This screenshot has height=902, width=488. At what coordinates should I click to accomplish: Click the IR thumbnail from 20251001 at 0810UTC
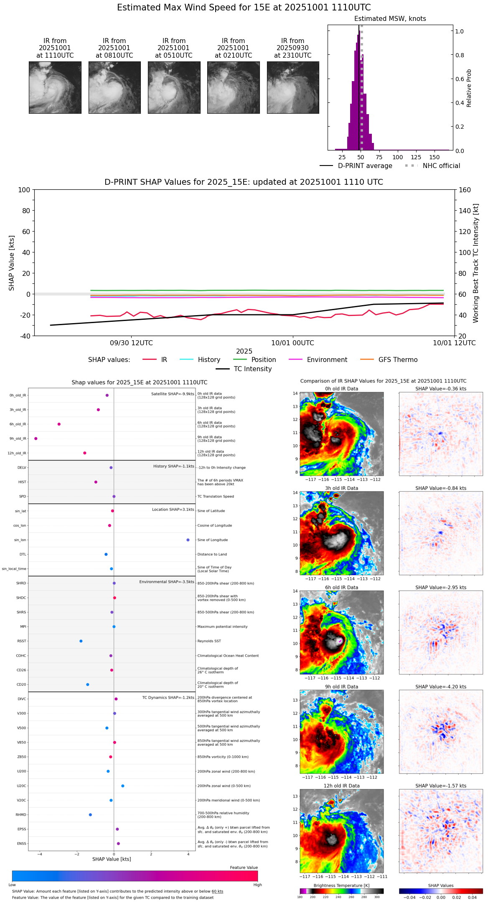(114, 87)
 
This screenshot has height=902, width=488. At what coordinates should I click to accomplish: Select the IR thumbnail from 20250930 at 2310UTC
(293, 87)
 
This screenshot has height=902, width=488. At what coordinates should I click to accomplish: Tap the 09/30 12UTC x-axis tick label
(132, 343)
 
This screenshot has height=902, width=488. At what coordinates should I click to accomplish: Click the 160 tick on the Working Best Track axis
(465, 190)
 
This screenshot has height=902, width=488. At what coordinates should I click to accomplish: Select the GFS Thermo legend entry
(398, 360)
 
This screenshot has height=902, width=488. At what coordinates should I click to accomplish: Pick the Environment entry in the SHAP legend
(327, 360)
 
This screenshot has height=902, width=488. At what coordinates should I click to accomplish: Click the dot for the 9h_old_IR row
(36, 438)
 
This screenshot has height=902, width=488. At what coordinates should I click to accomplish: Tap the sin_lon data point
(188, 540)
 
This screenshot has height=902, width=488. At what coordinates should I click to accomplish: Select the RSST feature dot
(81, 641)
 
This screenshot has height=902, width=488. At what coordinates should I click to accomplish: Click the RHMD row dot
(90, 815)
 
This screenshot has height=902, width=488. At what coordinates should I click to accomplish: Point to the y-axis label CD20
(21, 685)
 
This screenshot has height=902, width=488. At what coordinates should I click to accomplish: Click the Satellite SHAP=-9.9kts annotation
(173, 394)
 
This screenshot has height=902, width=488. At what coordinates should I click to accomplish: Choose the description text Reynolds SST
(209, 641)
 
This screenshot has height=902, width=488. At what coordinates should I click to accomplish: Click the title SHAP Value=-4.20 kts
(441, 687)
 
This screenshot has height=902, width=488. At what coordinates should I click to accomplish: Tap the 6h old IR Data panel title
(341, 587)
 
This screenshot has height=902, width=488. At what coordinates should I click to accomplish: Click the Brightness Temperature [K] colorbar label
(341, 885)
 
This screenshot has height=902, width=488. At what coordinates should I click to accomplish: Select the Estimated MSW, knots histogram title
(390, 19)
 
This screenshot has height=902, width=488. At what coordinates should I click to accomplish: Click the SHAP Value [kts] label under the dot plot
(112, 859)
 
